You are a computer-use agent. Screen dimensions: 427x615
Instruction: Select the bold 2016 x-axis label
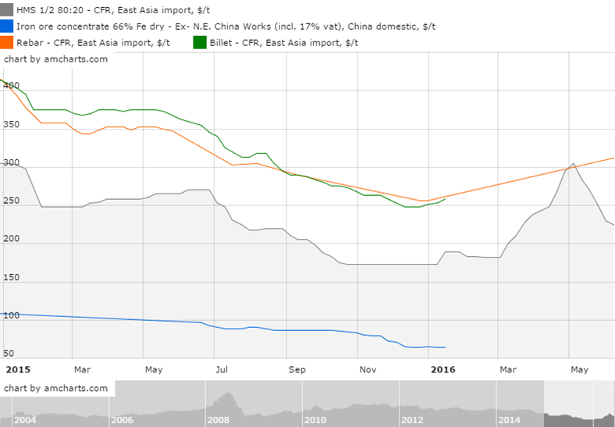(443, 368)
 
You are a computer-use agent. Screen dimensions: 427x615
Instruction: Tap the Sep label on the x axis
(297, 368)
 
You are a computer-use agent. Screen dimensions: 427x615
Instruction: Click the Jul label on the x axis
(222, 368)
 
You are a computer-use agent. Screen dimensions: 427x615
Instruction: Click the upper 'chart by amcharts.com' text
(55, 59)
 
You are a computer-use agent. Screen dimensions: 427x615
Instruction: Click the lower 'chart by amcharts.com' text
(55, 388)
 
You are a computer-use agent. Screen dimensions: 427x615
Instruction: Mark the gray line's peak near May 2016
(574, 164)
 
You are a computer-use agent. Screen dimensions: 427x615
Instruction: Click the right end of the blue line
(445, 347)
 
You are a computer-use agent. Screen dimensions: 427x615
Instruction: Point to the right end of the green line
(445, 199)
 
